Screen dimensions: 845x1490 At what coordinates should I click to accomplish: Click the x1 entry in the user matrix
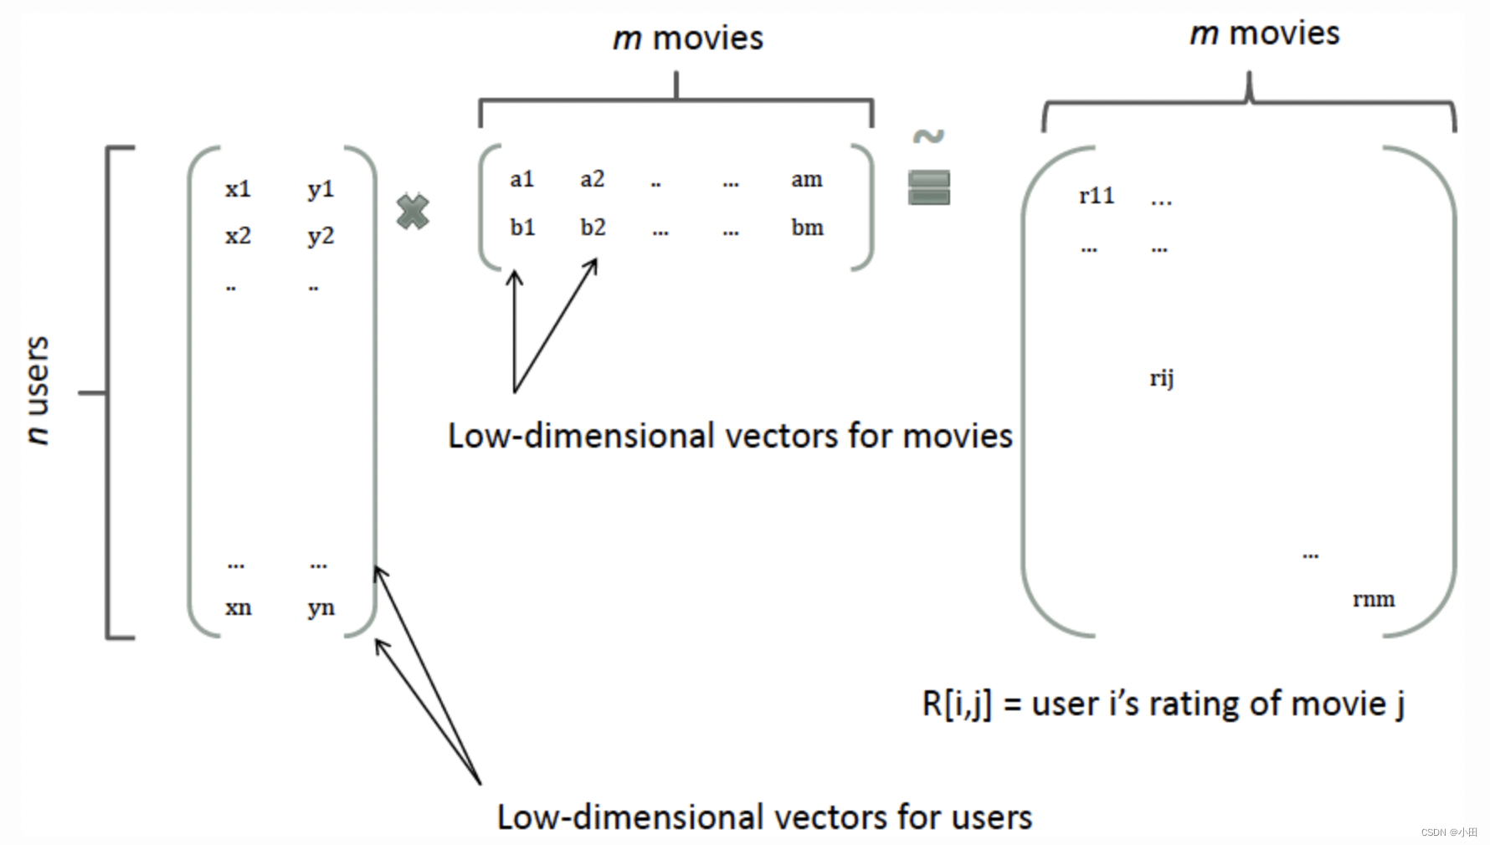click(238, 189)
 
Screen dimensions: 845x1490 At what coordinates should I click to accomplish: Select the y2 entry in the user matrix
click(321, 237)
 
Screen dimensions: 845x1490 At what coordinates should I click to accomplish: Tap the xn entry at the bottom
click(238, 608)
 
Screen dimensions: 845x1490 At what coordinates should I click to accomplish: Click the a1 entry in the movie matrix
click(521, 179)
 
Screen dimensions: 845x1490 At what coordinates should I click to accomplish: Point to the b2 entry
click(593, 228)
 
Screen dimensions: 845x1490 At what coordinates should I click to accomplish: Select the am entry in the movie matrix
click(807, 179)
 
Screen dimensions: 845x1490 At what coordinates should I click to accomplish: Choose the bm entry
click(807, 228)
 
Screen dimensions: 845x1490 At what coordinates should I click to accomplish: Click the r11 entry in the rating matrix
click(1097, 196)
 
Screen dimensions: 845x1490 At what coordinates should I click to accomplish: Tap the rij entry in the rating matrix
click(1161, 379)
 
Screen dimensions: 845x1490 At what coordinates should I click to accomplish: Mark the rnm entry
click(1374, 599)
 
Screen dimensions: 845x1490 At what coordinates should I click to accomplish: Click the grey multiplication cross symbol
click(413, 212)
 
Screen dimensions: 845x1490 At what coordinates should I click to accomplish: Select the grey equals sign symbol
click(928, 187)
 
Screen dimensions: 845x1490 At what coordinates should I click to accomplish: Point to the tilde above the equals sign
click(928, 136)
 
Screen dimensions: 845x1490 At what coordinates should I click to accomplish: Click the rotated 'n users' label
click(38, 390)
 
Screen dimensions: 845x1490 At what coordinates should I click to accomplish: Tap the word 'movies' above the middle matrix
click(707, 38)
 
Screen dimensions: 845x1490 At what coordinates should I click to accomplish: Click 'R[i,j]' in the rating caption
click(956, 704)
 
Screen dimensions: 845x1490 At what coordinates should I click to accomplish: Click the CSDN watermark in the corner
click(1449, 832)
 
